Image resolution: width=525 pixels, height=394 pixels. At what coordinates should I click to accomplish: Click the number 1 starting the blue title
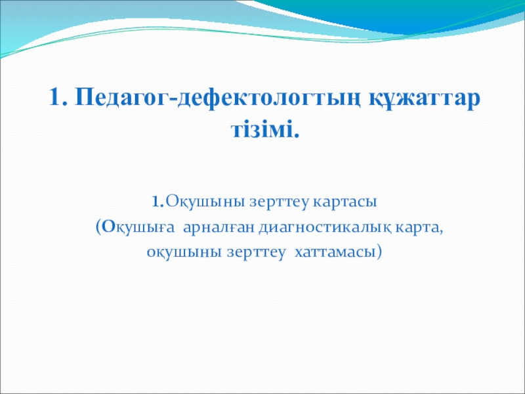coord(55,98)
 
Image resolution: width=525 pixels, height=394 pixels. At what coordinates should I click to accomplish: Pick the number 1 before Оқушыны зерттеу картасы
coord(156,202)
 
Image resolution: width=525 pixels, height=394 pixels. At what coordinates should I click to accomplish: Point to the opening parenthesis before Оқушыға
coord(98,228)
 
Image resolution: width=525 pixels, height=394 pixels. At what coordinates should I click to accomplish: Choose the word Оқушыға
coord(138,229)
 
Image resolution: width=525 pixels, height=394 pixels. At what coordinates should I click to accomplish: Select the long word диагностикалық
coord(325,229)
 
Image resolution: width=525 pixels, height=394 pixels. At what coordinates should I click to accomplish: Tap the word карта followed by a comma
coord(416,229)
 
